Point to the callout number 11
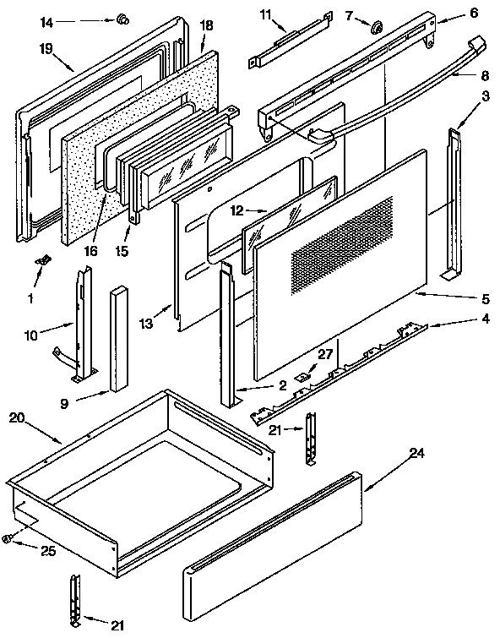pyautogui.click(x=266, y=15)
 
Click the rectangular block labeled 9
pyautogui.click(x=117, y=341)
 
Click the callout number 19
pyautogui.click(x=46, y=48)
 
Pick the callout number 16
pyautogui.click(x=91, y=251)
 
